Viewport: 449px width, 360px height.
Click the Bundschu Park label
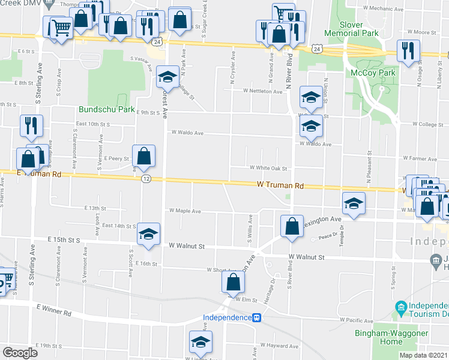pos(106,110)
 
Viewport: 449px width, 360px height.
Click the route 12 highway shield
pos(146,179)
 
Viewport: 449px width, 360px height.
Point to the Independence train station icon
pos(256,317)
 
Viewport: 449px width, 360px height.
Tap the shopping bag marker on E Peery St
pos(144,157)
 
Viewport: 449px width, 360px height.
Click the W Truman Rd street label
pos(277,187)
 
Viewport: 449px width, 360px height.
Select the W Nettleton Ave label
pos(262,91)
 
